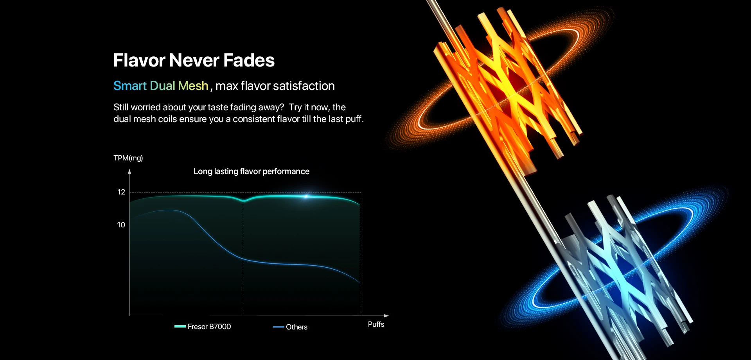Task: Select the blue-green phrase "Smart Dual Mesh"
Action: [161, 86]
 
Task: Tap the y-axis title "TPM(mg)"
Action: [128, 158]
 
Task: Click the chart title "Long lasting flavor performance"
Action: [252, 171]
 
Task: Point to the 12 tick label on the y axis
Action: [121, 192]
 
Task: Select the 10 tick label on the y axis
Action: [121, 225]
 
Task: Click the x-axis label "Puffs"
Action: [376, 324]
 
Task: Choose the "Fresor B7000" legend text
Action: [209, 326]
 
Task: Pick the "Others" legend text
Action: [296, 327]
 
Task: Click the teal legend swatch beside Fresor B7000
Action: [180, 326]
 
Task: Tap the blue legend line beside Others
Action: [278, 327]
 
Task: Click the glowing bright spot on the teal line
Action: [306, 196]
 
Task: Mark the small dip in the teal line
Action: [243, 201]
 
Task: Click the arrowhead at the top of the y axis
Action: [129, 171]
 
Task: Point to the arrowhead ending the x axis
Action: [386, 316]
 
